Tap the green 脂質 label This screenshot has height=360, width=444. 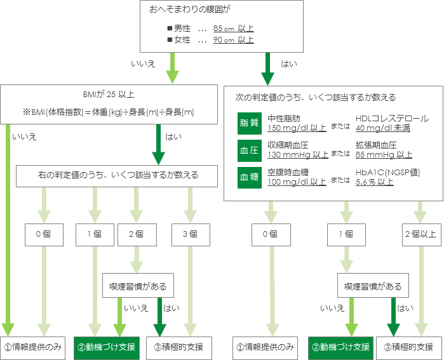[249, 123]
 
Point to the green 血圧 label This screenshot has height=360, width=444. [249, 150]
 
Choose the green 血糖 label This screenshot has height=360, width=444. [249, 177]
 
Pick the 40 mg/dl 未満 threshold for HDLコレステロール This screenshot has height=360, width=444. [383, 128]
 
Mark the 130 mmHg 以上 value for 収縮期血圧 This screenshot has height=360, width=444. [298, 154]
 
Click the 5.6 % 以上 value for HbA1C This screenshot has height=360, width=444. [374, 181]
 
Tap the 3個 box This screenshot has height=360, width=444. [189, 234]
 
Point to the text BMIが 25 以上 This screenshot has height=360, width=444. [109, 94]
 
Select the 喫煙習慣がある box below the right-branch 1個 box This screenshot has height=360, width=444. [373, 286]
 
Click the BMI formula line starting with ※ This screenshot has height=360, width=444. [109, 112]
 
